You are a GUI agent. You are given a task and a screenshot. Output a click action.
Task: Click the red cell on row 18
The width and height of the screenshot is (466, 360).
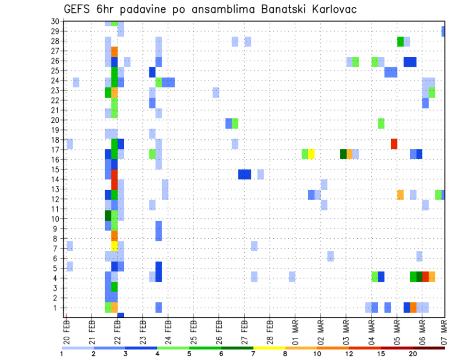tap(394, 144)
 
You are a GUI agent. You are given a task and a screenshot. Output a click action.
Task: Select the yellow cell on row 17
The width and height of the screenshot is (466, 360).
tap(311, 154)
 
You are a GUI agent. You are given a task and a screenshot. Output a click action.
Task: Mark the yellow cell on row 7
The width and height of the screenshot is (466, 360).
tap(115, 246)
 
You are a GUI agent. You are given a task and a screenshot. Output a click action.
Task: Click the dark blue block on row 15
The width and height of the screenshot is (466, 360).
tap(245, 174)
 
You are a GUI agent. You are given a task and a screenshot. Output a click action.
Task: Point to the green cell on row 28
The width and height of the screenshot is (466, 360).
tap(400, 41)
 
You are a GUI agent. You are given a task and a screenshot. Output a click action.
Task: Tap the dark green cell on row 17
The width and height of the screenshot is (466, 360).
tap(343, 154)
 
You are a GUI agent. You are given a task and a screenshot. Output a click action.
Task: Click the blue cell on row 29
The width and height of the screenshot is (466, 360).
tap(443, 31)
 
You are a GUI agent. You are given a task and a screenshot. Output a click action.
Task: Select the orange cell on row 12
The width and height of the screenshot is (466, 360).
tap(400, 195)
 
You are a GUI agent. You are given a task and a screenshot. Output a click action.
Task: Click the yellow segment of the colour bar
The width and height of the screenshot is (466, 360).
tap(269, 348)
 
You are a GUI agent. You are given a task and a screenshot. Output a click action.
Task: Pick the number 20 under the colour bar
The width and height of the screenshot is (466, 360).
tap(413, 354)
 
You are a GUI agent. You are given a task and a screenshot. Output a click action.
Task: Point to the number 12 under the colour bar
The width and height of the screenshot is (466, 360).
tap(349, 354)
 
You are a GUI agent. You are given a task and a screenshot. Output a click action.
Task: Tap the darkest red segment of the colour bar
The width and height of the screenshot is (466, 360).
tap(429, 348)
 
